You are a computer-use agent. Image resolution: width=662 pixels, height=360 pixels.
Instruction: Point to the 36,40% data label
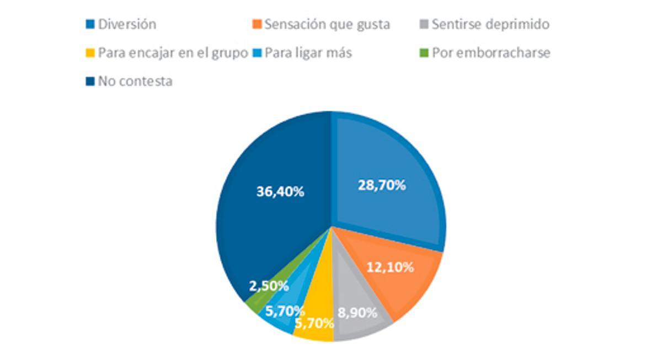(280, 191)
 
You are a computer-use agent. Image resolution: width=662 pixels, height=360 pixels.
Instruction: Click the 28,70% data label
(382, 185)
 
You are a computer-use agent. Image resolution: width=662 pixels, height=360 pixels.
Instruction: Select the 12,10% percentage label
(390, 267)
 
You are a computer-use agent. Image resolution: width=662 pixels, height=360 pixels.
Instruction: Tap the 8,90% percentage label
(357, 313)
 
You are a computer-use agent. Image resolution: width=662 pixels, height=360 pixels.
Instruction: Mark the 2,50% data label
(269, 286)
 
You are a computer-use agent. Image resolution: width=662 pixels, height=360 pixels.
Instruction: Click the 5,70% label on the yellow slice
(314, 324)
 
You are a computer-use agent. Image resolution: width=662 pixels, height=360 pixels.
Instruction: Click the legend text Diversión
(127, 24)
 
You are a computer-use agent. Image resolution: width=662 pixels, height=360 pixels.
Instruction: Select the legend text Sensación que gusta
(327, 24)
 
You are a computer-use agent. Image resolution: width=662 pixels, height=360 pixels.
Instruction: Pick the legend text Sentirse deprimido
(490, 24)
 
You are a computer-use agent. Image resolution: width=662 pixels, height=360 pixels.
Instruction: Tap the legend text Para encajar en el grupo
(173, 53)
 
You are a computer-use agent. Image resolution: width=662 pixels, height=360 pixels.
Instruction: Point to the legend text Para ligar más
(308, 53)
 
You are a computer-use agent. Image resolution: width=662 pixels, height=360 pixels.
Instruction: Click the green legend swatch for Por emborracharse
(423, 53)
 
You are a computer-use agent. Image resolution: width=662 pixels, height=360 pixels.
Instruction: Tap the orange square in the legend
(257, 25)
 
